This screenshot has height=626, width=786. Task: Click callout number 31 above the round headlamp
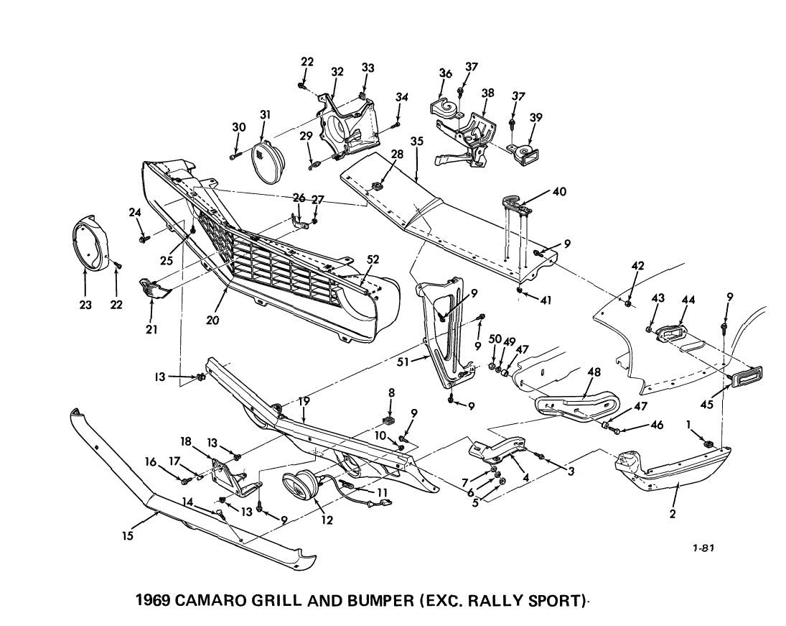pyautogui.click(x=266, y=114)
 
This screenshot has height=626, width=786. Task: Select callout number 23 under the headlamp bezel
pyautogui.click(x=85, y=304)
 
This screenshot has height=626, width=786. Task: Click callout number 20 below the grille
pyautogui.click(x=212, y=320)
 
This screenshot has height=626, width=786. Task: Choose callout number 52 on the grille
pyautogui.click(x=373, y=259)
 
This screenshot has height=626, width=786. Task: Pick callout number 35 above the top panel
pyautogui.click(x=417, y=141)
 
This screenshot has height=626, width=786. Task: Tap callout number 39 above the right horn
pyautogui.click(x=535, y=118)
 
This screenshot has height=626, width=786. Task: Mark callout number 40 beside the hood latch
pyautogui.click(x=559, y=191)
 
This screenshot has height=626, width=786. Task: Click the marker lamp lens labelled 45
pyautogui.click(x=747, y=377)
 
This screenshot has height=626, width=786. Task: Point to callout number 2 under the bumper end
pyautogui.click(x=672, y=514)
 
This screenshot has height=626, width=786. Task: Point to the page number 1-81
pyautogui.click(x=703, y=548)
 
